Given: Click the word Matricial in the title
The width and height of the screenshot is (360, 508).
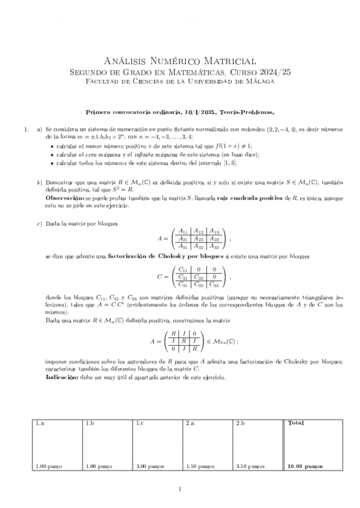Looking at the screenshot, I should coord(226,61).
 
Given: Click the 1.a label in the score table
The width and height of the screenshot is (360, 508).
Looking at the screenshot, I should coord(40,423).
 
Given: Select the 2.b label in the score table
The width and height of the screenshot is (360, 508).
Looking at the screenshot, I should coord(241,423).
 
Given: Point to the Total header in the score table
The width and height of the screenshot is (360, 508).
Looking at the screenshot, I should coord(296,423).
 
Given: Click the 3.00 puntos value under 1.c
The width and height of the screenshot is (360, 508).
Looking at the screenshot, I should coord(150,465).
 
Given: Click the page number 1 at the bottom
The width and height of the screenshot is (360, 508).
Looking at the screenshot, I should coord(180,490).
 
